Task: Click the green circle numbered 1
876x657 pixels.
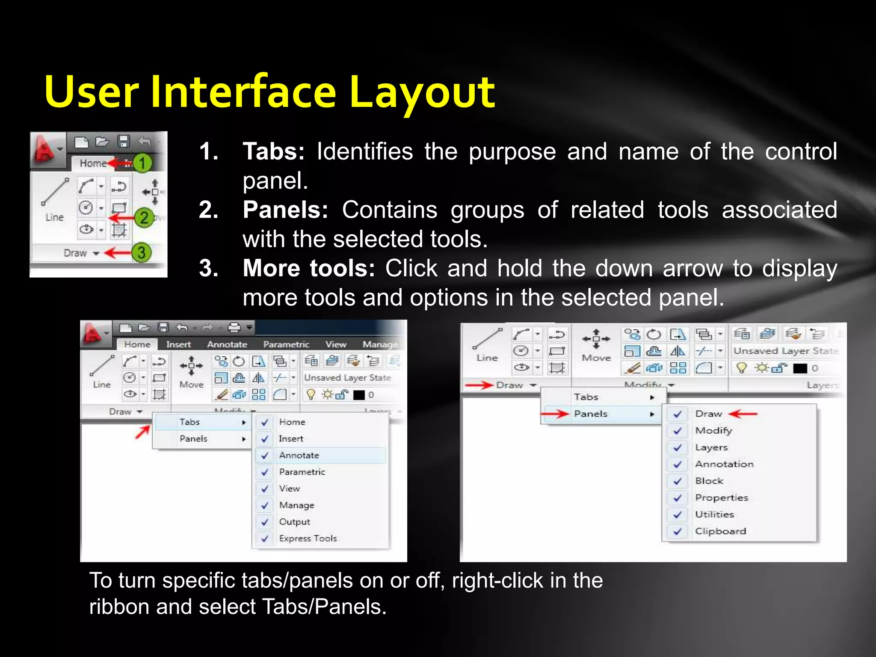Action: point(142,163)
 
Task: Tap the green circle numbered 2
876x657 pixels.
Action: point(144,217)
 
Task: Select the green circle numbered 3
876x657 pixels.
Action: point(141,252)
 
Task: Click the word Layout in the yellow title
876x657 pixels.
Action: point(422,92)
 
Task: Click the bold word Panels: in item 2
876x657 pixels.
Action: point(285,210)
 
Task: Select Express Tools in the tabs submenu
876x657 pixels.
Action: point(308,538)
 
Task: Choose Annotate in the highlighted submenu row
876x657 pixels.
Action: point(299,455)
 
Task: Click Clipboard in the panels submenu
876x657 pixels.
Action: point(720,531)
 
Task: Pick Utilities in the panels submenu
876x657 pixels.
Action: point(714,514)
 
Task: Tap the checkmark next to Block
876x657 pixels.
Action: point(678,481)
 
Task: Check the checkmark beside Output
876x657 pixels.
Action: point(265,522)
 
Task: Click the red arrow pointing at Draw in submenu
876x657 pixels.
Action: point(743,414)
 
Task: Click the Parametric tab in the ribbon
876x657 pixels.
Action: point(286,344)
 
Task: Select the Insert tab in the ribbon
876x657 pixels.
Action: point(178,344)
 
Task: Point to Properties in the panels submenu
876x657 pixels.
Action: point(722,497)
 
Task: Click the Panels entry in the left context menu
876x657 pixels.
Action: point(193,438)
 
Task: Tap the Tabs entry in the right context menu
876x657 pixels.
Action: point(586,397)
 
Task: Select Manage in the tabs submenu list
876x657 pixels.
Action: point(296,505)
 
